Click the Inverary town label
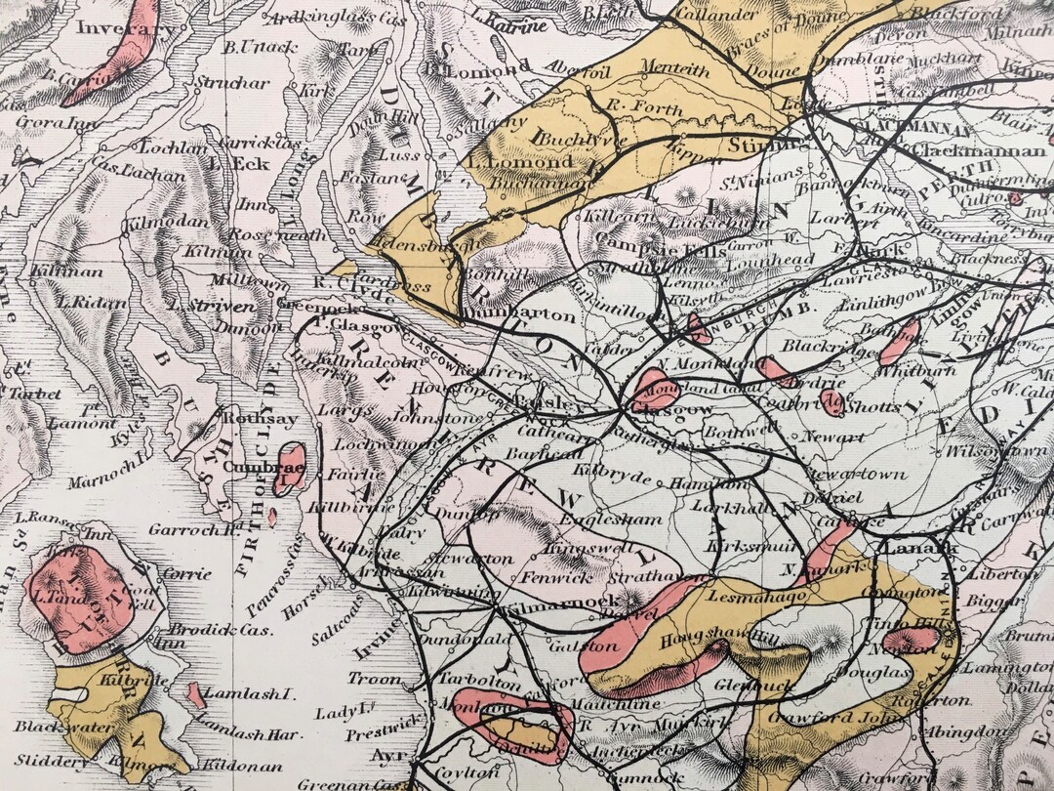click(116, 28)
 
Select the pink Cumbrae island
click(290, 467)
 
